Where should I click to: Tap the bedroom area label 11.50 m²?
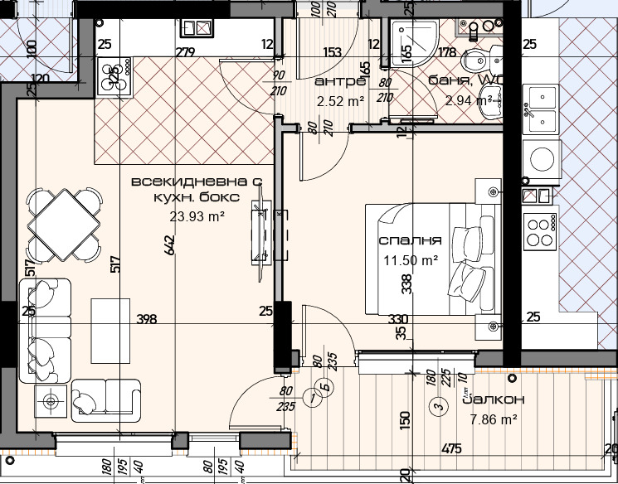(x=410, y=259)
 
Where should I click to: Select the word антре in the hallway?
(x=340, y=81)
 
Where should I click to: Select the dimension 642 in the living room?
(x=169, y=246)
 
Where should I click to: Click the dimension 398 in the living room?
(x=147, y=319)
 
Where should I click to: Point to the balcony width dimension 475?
(x=451, y=449)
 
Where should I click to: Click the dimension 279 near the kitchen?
(x=185, y=53)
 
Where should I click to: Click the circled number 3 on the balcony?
(x=436, y=407)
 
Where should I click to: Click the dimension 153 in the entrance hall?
(x=332, y=53)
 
